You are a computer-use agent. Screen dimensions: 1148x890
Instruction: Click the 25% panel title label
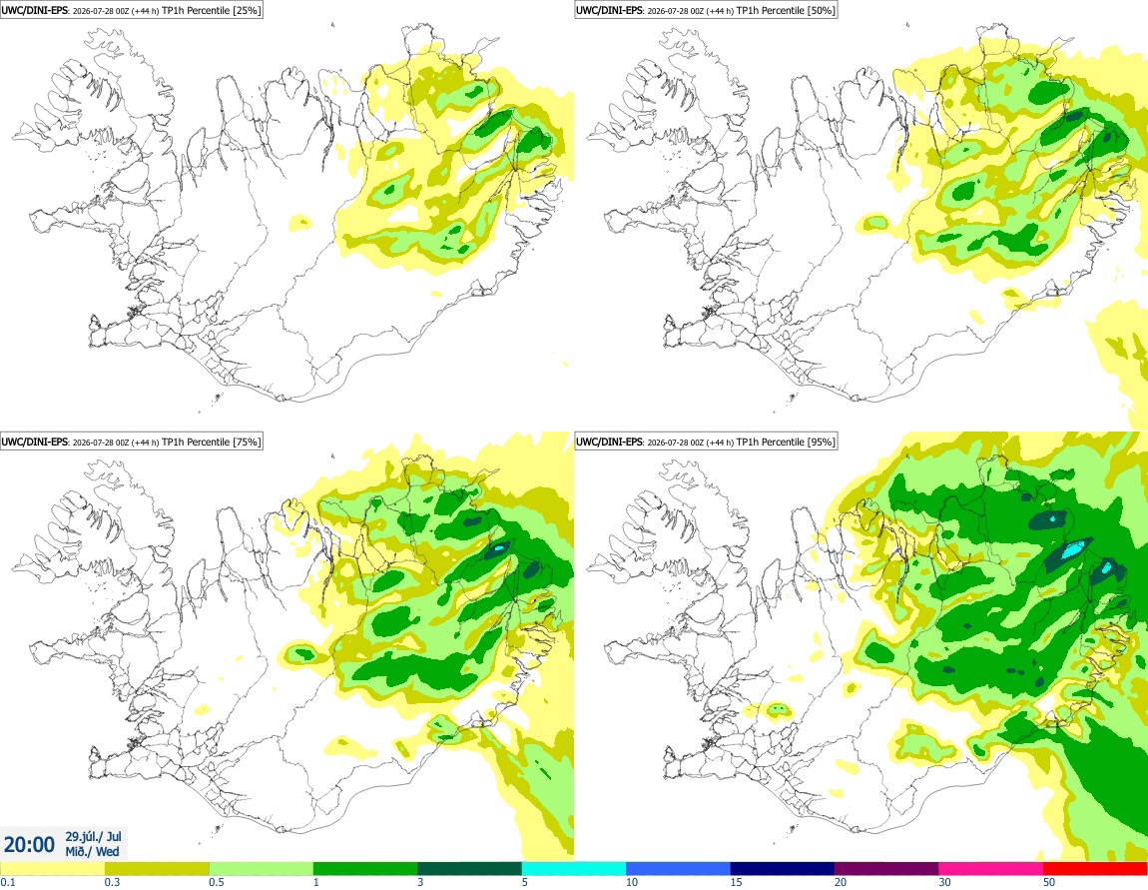click(131, 10)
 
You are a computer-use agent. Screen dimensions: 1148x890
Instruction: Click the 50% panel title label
click(706, 10)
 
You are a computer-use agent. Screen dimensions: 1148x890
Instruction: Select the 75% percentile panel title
click(131, 442)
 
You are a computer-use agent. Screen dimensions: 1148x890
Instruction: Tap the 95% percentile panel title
click(706, 442)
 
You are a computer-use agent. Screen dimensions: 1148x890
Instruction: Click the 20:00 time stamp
click(29, 845)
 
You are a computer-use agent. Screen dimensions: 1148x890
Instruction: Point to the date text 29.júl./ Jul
click(94, 836)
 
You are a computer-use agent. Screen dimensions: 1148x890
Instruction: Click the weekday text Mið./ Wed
click(92, 851)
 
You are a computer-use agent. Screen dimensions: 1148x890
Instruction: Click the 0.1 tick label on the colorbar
click(7, 882)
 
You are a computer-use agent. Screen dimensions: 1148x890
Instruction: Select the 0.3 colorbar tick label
click(112, 882)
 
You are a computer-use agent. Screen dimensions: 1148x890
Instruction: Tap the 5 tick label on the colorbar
click(525, 882)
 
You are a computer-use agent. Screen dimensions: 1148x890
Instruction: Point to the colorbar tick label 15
click(737, 882)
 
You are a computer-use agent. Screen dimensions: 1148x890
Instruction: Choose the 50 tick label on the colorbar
click(1049, 882)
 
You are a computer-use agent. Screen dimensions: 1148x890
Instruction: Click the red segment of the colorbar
click(1095, 869)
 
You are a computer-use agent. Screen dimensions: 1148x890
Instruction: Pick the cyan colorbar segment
click(574, 869)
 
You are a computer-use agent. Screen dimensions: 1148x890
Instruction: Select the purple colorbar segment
click(886, 869)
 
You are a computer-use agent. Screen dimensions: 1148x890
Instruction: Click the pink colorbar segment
click(990, 869)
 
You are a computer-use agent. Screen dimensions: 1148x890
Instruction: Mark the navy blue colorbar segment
click(783, 869)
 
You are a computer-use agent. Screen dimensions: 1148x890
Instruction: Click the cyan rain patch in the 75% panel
click(499, 548)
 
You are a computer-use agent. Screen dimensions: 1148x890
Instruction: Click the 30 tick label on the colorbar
click(945, 882)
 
